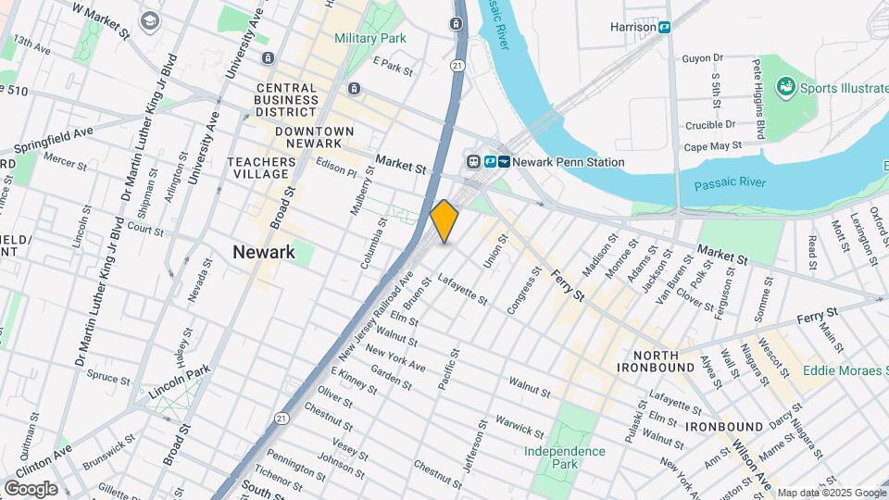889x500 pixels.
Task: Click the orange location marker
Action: (x=444, y=221)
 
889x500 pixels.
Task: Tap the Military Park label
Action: (x=370, y=39)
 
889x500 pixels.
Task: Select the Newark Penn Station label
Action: (x=569, y=162)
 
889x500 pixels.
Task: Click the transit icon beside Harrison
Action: (x=665, y=27)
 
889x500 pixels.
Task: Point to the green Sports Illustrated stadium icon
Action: (x=786, y=88)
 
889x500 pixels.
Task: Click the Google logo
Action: (x=31, y=488)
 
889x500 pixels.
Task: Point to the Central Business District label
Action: (x=286, y=100)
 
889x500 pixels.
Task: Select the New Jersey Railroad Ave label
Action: (x=376, y=316)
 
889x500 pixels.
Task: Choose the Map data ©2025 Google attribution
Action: (x=832, y=493)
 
